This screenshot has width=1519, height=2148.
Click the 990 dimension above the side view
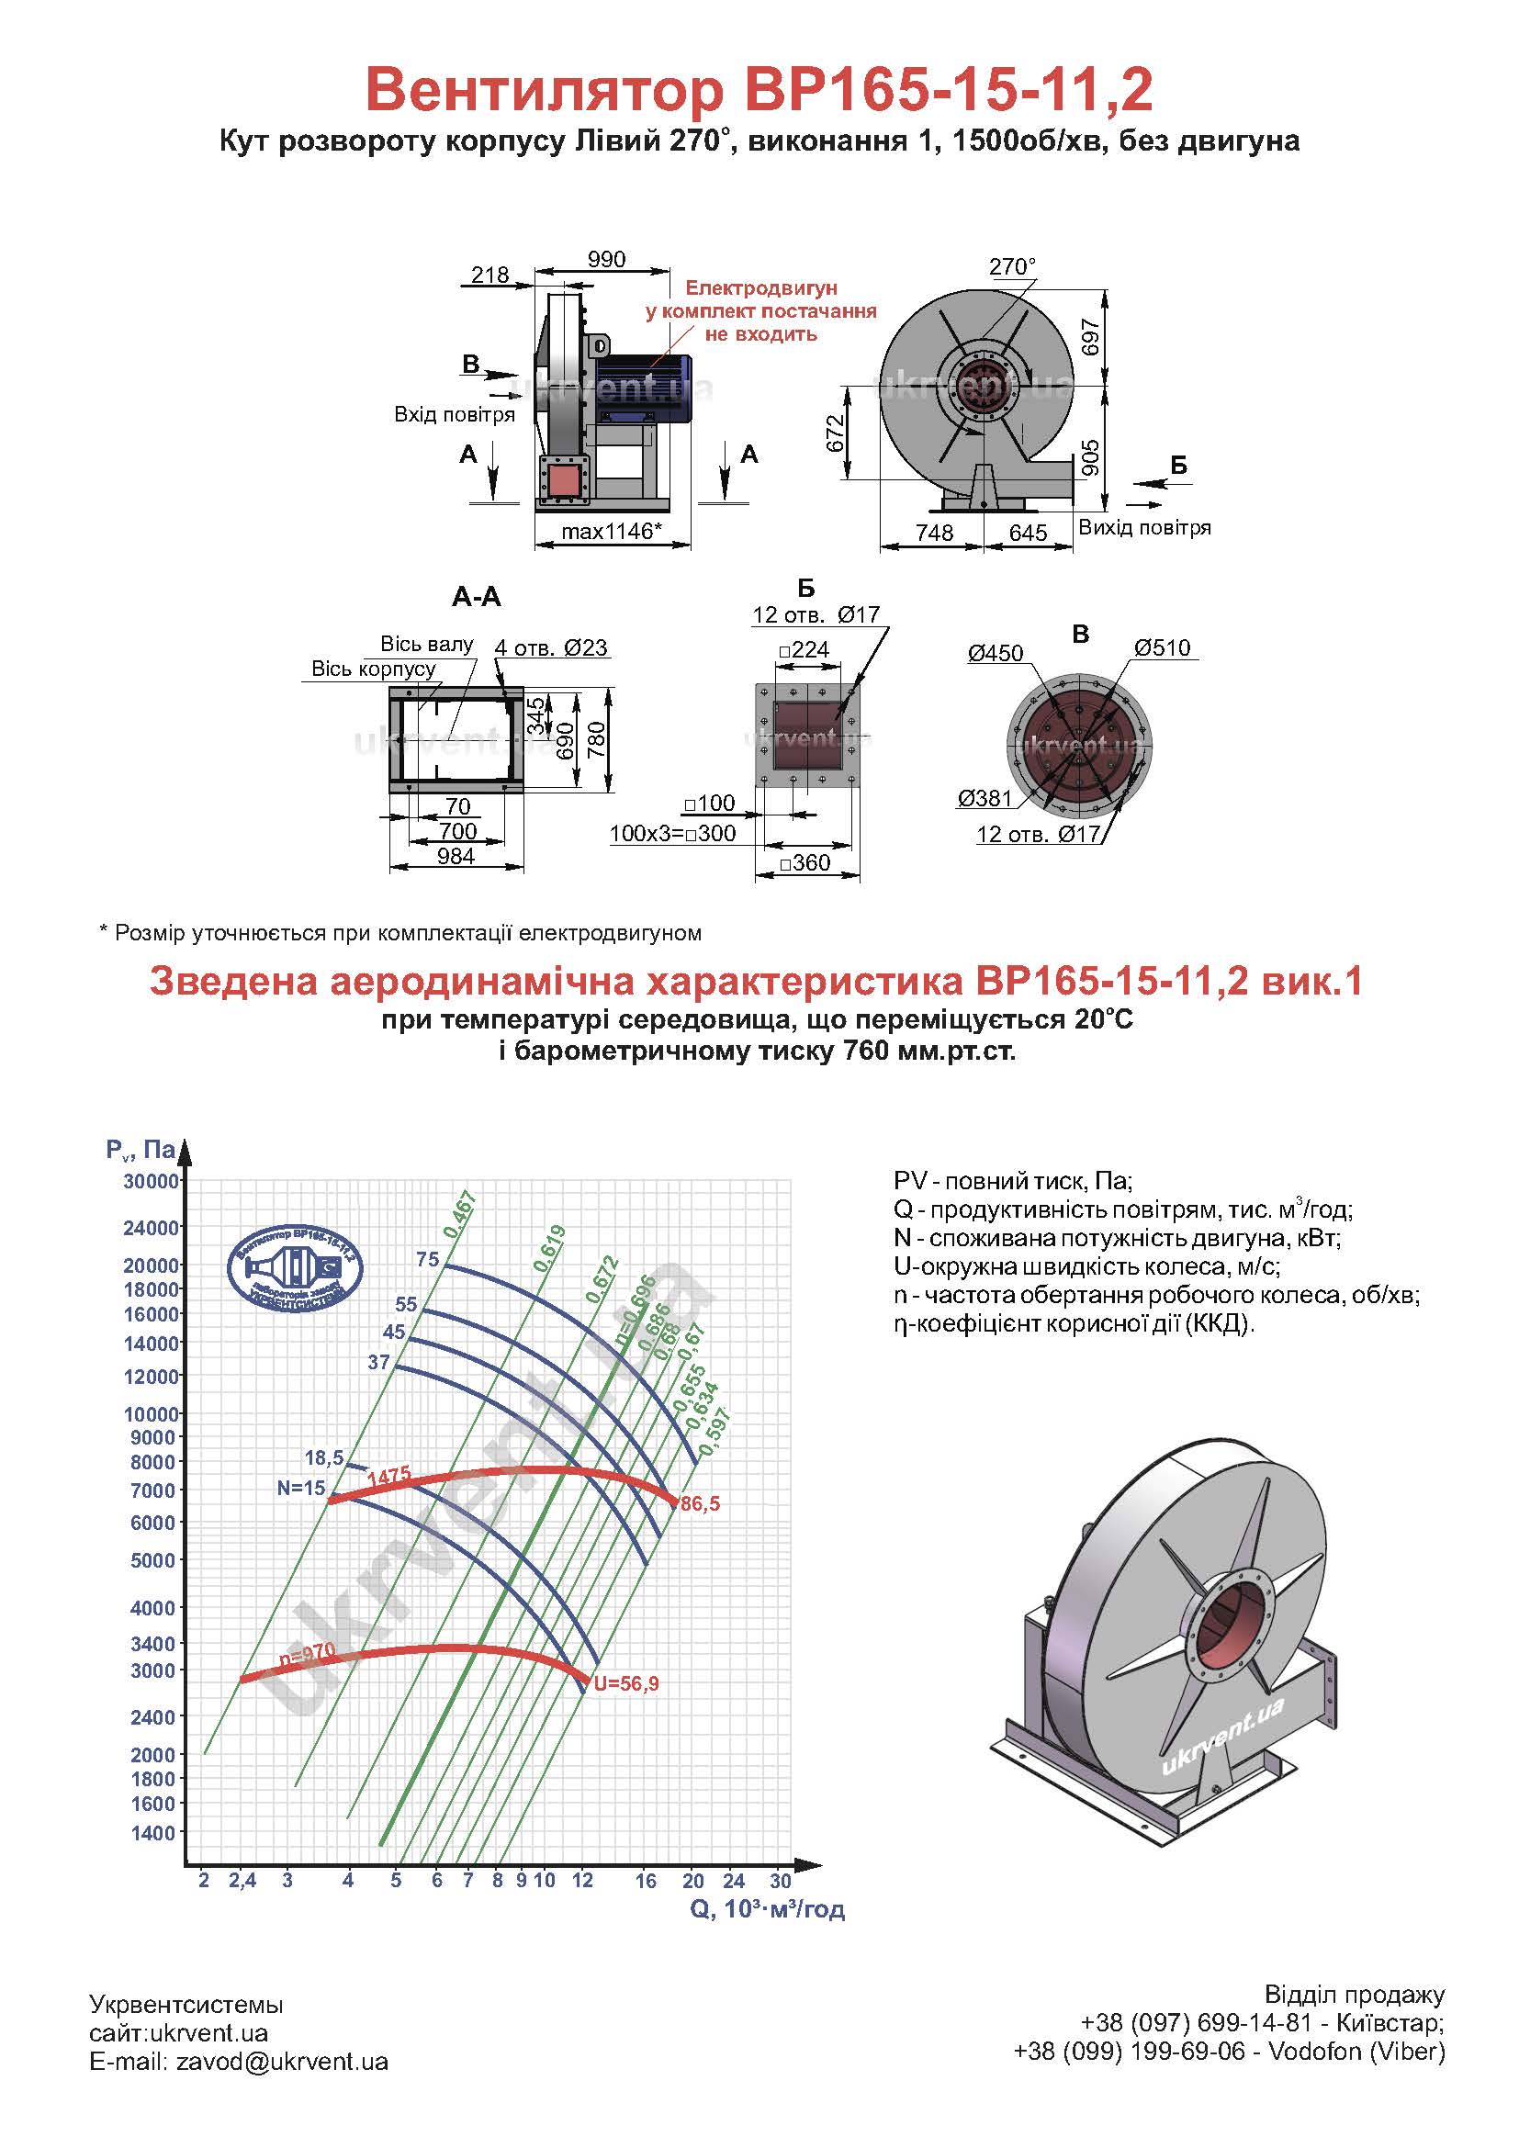pos(606,259)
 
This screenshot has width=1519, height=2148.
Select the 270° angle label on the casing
pos(1013,266)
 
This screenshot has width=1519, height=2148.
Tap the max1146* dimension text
pos(612,532)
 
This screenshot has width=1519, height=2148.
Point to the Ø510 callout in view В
pos(1162,647)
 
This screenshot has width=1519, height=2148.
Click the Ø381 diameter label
pos(985,798)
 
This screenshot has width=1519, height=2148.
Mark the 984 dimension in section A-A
pos(456,856)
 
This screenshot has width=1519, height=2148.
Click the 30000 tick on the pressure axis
pos(151,1182)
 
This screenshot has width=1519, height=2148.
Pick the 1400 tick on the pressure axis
pos(154,1833)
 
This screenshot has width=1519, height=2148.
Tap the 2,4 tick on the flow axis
pos(242,1881)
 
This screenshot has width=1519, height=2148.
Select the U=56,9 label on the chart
pos(625,1684)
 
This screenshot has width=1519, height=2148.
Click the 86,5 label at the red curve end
pos(701,1504)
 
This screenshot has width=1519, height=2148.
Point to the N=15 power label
pos(301,1488)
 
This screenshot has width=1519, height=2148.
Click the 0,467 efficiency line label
pos(460,1216)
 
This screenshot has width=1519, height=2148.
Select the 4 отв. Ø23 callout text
pos(551,647)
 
